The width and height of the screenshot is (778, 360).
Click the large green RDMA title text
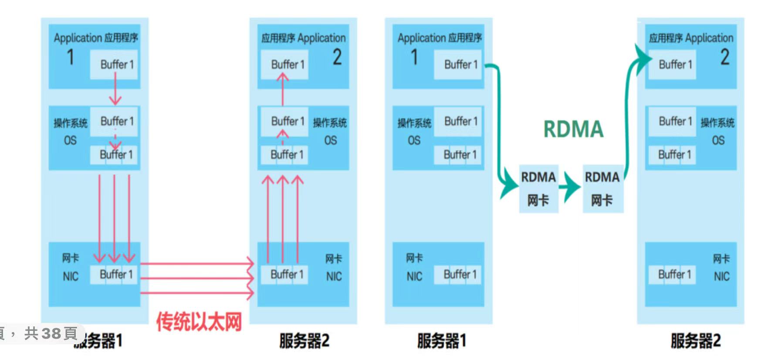tap(573, 129)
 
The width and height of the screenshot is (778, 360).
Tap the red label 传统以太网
tap(199, 322)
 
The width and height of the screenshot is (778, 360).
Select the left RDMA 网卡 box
tap(538, 189)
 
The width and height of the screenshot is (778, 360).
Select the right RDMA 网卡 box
tap(602, 189)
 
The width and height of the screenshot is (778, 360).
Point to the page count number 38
tap(51, 334)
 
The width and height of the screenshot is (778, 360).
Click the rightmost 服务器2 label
tap(695, 340)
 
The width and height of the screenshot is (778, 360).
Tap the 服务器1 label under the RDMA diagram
tap(441, 340)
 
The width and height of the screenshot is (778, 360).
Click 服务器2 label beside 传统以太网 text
tap(304, 340)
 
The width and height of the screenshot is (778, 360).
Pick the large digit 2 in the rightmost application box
tap(724, 57)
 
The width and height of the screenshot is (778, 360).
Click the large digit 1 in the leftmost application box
tap(70, 57)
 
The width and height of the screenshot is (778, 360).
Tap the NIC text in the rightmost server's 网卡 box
tap(721, 276)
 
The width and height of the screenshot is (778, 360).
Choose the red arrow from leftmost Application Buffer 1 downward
tap(115, 89)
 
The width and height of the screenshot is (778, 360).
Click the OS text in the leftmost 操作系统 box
tap(70, 140)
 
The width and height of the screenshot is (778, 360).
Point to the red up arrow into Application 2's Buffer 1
tap(283, 89)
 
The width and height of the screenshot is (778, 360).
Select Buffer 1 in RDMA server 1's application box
tap(460, 65)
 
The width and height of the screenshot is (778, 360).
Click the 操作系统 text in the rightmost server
tap(717, 123)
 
